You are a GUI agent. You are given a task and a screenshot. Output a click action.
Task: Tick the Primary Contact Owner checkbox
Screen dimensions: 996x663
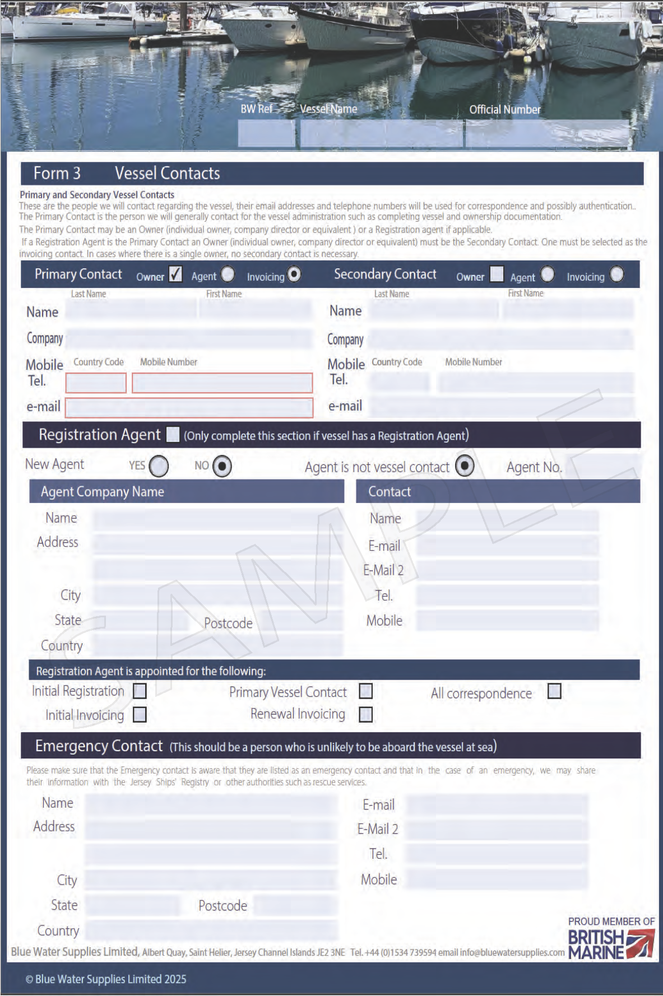pos(175,274)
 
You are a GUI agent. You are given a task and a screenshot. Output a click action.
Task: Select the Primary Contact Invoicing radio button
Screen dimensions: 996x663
pos(294,274)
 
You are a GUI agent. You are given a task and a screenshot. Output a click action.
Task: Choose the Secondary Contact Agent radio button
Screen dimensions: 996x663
pos(547,274)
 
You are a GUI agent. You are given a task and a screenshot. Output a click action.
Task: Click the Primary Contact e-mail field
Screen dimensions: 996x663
pos(189,408)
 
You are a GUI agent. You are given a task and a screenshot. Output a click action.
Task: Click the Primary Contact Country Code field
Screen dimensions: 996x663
pos(96,383)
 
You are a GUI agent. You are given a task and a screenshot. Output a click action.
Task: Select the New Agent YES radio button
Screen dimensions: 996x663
pos(159,466)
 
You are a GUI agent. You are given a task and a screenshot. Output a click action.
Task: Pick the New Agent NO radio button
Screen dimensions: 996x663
pos(222,466)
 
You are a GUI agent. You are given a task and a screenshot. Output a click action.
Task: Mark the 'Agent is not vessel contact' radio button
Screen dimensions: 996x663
pos(465,466)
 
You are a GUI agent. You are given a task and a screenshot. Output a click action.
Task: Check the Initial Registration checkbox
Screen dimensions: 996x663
pos(140,691)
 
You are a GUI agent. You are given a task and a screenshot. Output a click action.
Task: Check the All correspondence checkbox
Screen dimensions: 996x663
pos(554,691)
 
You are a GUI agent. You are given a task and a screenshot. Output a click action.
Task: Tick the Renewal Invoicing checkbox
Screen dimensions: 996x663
pos(365,714)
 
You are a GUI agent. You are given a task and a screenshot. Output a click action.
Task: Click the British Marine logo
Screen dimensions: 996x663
pos(611,939)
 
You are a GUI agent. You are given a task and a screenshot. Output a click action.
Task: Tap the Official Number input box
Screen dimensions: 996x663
pos(547,133)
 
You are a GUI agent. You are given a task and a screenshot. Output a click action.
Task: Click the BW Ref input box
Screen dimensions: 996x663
pos(266,133)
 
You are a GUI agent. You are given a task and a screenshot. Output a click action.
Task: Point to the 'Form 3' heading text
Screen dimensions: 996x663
pos(57,174)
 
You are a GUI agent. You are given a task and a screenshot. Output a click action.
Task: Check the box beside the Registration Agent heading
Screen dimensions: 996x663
pos(173,435)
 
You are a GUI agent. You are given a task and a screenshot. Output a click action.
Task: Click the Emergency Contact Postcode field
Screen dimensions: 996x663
pos(295,905)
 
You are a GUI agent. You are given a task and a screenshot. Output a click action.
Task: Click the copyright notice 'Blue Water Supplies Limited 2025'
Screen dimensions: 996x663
pos(106,979)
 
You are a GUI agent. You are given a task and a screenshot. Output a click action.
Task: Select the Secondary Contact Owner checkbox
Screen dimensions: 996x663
pos(497,274)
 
